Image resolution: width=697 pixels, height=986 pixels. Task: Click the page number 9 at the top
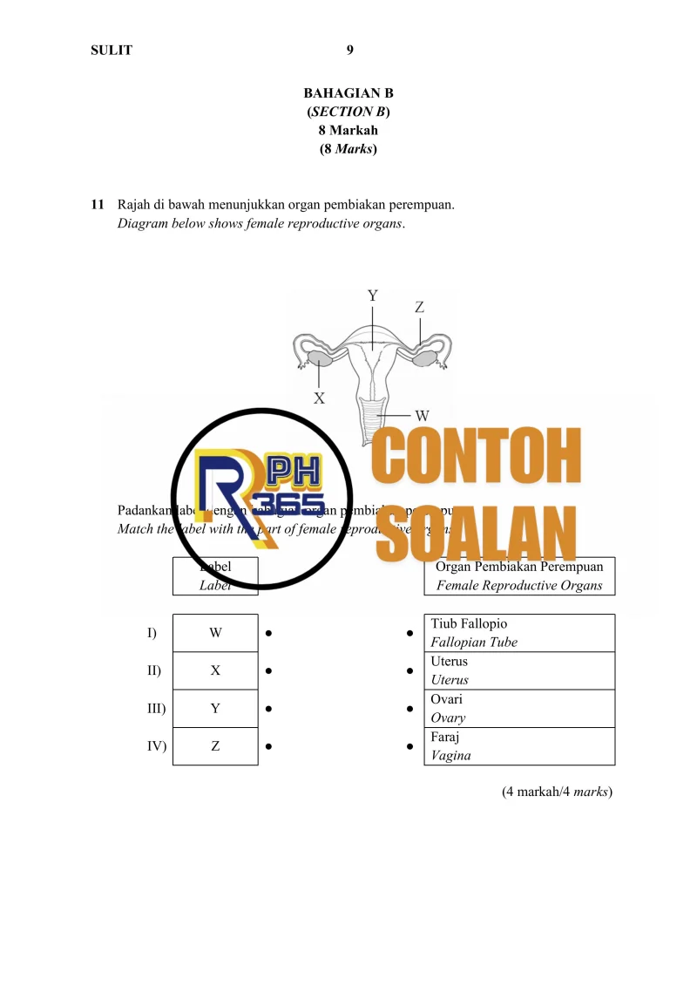[349, 50]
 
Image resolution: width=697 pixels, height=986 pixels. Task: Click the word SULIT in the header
[112, 50]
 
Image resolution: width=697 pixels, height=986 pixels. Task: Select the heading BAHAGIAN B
[348, 92]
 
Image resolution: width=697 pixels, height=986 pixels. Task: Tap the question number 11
[98, 205]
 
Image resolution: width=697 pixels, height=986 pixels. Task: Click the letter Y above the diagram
[373, 296]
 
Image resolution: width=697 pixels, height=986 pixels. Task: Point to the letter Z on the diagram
[419, 307]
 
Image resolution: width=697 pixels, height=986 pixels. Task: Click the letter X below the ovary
[319, 398]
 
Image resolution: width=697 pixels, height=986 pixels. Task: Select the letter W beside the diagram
[422, 415]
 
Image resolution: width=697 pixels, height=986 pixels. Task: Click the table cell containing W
[215, 633]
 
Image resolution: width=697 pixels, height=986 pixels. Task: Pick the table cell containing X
[215, 671]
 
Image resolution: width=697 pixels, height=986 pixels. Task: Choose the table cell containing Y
[215, 709]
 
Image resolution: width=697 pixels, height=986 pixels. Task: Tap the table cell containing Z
[215, 746]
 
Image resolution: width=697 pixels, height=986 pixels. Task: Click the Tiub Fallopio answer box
[519, 633]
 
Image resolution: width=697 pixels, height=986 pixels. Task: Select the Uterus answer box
[519, 670]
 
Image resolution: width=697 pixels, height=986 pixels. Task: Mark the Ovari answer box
[519, 709]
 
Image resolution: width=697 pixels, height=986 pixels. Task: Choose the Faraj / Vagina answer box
[519, 746]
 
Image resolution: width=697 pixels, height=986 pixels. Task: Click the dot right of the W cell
[270, 634]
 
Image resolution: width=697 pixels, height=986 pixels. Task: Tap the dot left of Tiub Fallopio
[409, 634]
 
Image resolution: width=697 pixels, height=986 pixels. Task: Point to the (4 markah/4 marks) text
[557, 792]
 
